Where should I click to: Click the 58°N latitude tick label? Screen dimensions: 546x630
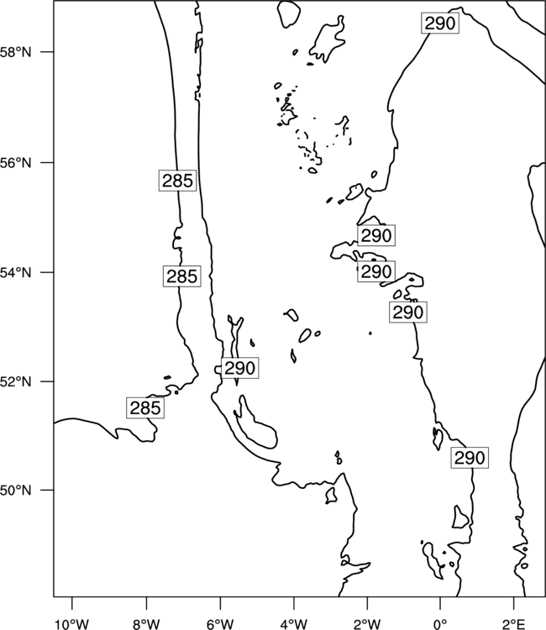point(15,52)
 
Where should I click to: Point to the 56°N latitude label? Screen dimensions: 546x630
point(15,163)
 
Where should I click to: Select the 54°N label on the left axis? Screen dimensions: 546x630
point(15,273)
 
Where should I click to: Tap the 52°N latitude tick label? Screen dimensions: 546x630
point(15,381)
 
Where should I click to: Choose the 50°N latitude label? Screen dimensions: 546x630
point(15,491)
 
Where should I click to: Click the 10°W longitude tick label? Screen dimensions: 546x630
point(72,624)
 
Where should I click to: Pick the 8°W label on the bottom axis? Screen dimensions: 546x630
point(146,624)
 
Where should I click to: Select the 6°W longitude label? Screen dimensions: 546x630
point(220,624)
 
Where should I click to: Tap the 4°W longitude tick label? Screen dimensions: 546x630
point(294,624)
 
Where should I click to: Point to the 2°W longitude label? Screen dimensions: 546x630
point(367,624)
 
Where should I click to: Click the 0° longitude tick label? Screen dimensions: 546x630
point(440,624)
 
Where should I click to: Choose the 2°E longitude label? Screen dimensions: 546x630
point(514,624)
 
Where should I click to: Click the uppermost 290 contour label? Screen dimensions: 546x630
point(440,24)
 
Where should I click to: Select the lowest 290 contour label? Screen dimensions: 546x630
point(470,458)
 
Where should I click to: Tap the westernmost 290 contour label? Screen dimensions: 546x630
point(240,368)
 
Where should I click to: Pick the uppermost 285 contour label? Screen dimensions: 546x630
point(177,181)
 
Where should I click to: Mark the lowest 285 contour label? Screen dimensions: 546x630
point(145,407)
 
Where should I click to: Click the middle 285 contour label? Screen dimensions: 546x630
point(182,276)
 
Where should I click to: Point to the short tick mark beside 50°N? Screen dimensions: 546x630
point(47,491)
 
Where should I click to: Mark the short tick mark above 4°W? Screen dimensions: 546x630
point(294,603)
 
